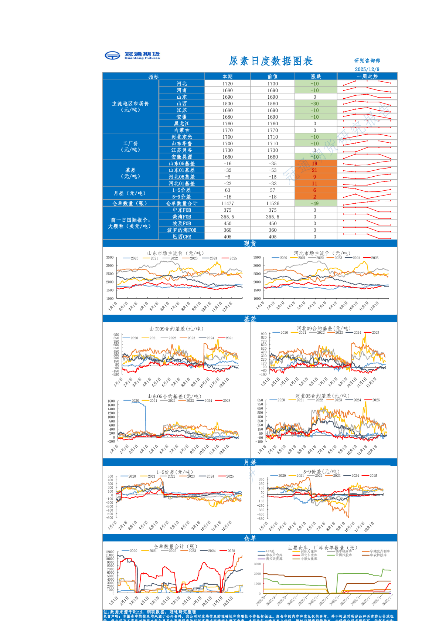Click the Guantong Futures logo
(132, 55)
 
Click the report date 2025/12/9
(367, 69)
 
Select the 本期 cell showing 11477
(227, 203)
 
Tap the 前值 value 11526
(272, 203)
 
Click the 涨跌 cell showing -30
(315, 103)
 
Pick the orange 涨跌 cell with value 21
(315, 170)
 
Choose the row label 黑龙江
(182, 123)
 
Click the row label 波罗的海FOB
(182, 230)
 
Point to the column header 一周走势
(367, 76)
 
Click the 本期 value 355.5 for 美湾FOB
(227, 217)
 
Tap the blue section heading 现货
(250, 243)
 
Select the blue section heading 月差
(250, 462)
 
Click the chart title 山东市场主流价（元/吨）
(175, 253)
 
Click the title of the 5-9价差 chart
(321, 472)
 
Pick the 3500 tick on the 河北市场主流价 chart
(257, 257)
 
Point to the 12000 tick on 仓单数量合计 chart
(110, 552)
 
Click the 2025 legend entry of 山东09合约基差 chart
(229, 338)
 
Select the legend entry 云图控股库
(343, 555)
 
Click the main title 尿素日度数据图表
(271, 61)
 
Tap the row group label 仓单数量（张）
(130, 203)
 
